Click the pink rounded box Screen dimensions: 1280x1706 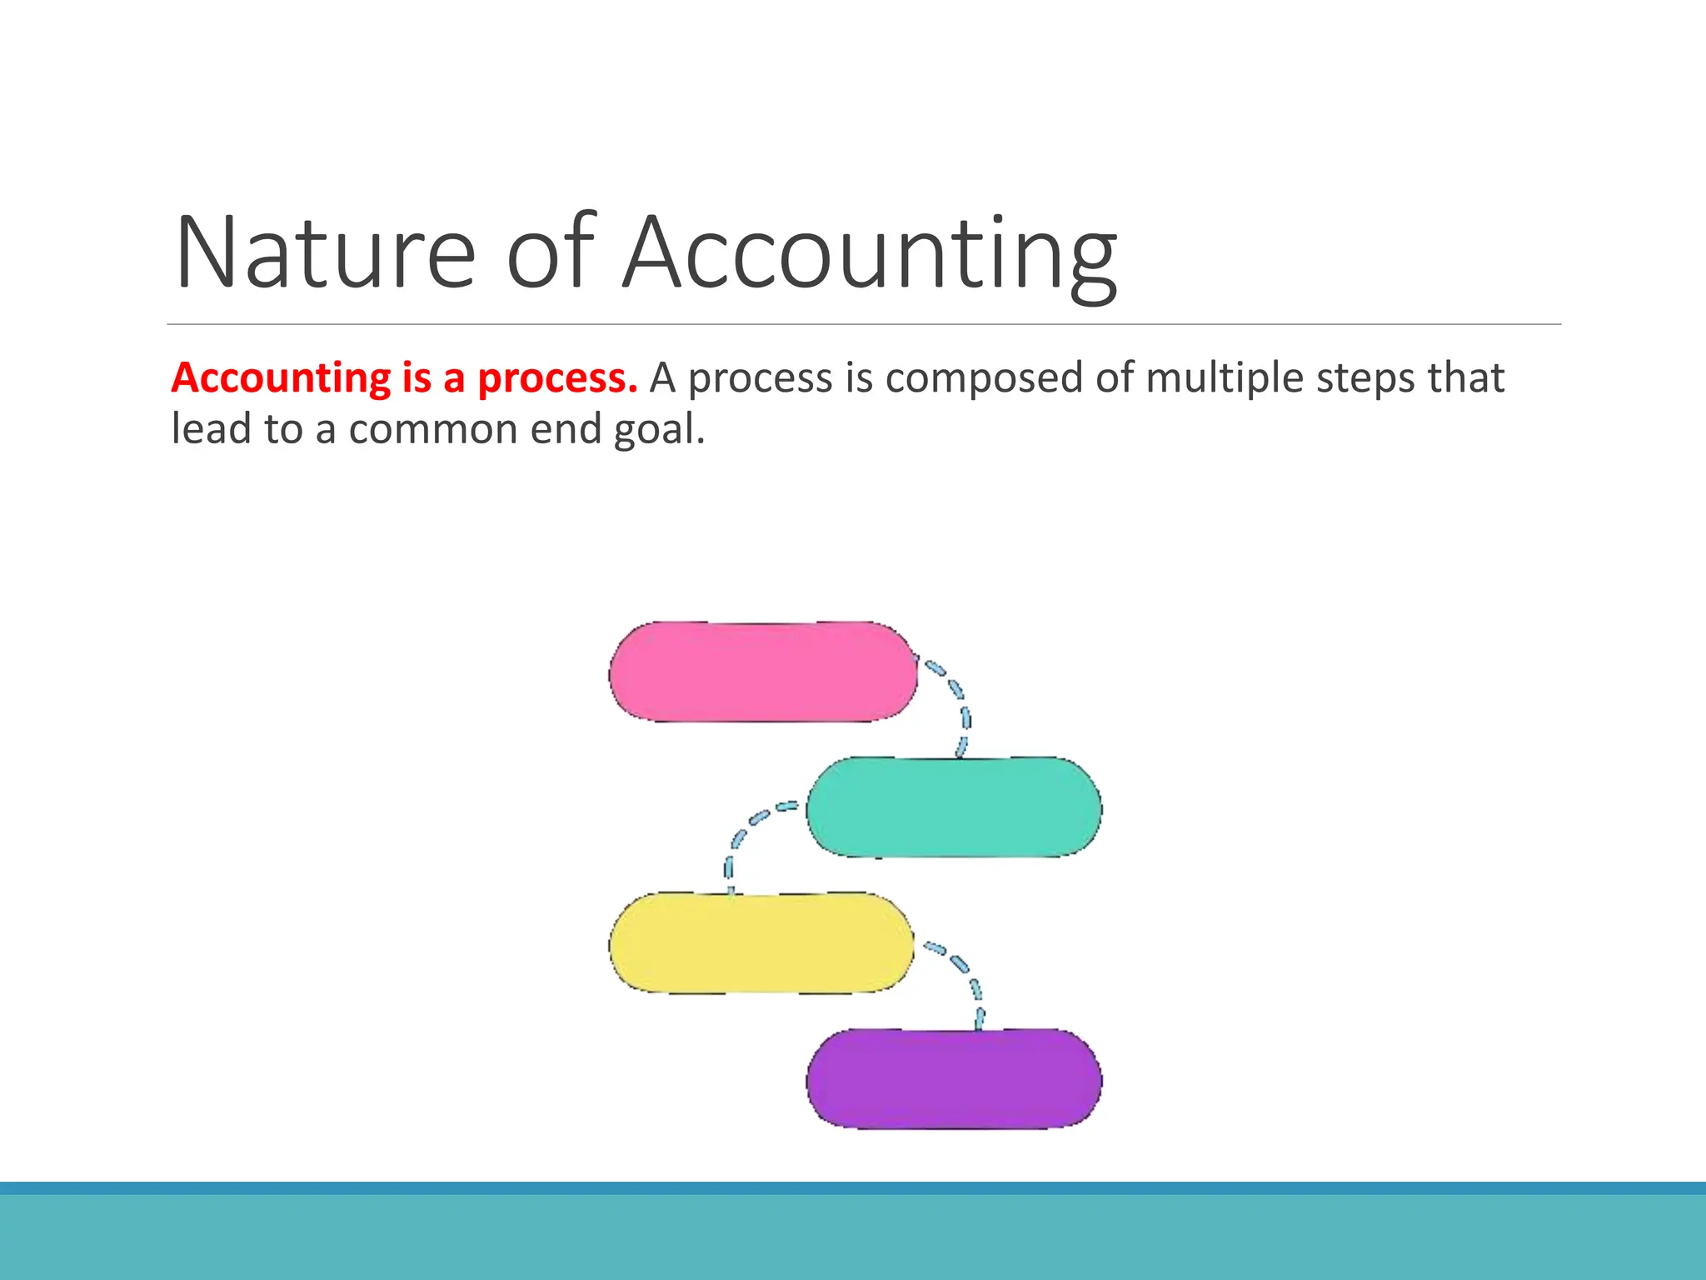coord(762,672)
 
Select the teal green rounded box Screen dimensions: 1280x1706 coord(954,807)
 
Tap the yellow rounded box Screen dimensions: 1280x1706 coord(761,942)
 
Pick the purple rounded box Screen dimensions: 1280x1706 coord(954,1078)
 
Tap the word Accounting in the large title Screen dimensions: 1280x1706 coord(870,254)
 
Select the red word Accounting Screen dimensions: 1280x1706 coord(281,378)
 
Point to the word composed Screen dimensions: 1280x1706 coord(984,378)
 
